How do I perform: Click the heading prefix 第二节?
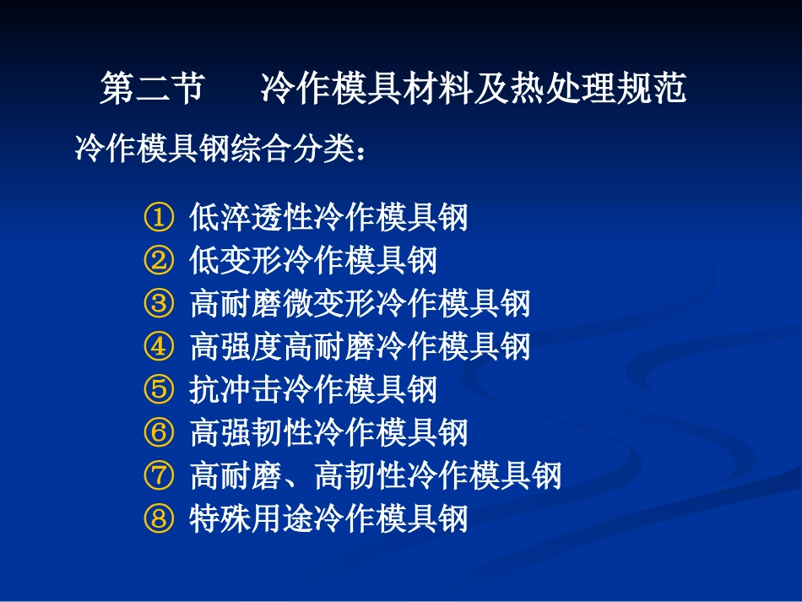[151, 89]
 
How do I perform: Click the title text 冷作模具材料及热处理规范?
[474, 89]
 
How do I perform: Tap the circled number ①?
[158, 218]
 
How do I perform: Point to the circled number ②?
[158, 261]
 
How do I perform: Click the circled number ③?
[158, 304]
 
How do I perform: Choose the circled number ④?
[158, 346]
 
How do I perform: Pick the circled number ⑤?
[158, 389]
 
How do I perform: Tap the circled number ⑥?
[158, 432]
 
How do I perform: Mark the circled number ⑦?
[158, 475]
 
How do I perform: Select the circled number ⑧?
[158, 518]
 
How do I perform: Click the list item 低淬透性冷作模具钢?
[328, 218]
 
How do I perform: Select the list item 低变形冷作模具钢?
[313, 261]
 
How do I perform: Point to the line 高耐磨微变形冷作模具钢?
[360, 304]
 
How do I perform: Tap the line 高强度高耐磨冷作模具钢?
[360, 346]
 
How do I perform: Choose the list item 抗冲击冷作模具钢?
[313, 389]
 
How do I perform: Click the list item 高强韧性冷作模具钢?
[328, 432]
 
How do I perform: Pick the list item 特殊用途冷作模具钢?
[328, 518]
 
